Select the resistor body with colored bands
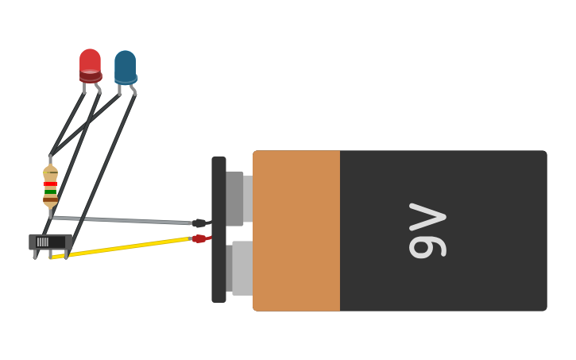50,187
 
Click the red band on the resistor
50,184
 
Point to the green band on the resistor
50,192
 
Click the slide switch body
50,241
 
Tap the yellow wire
119,247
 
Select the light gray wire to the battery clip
119,219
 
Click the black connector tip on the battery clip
199,223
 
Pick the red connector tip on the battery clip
199,238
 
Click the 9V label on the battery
427,230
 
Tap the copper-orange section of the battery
296,230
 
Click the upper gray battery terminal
236,198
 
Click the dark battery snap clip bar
218,230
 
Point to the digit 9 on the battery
427,246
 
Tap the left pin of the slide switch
35,254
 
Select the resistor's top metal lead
50,160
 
